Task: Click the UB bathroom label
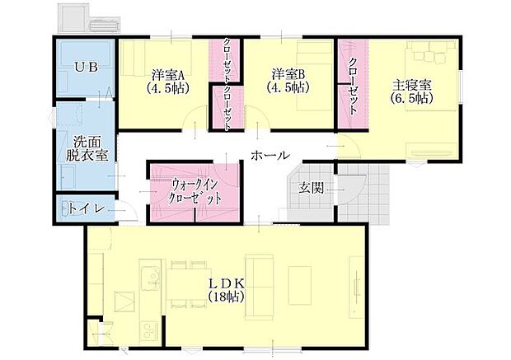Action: [87, 68]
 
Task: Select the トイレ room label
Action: [87, 208]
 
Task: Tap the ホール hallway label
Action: [270, 155]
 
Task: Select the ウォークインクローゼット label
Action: [195, 191]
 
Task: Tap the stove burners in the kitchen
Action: [149, 332]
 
